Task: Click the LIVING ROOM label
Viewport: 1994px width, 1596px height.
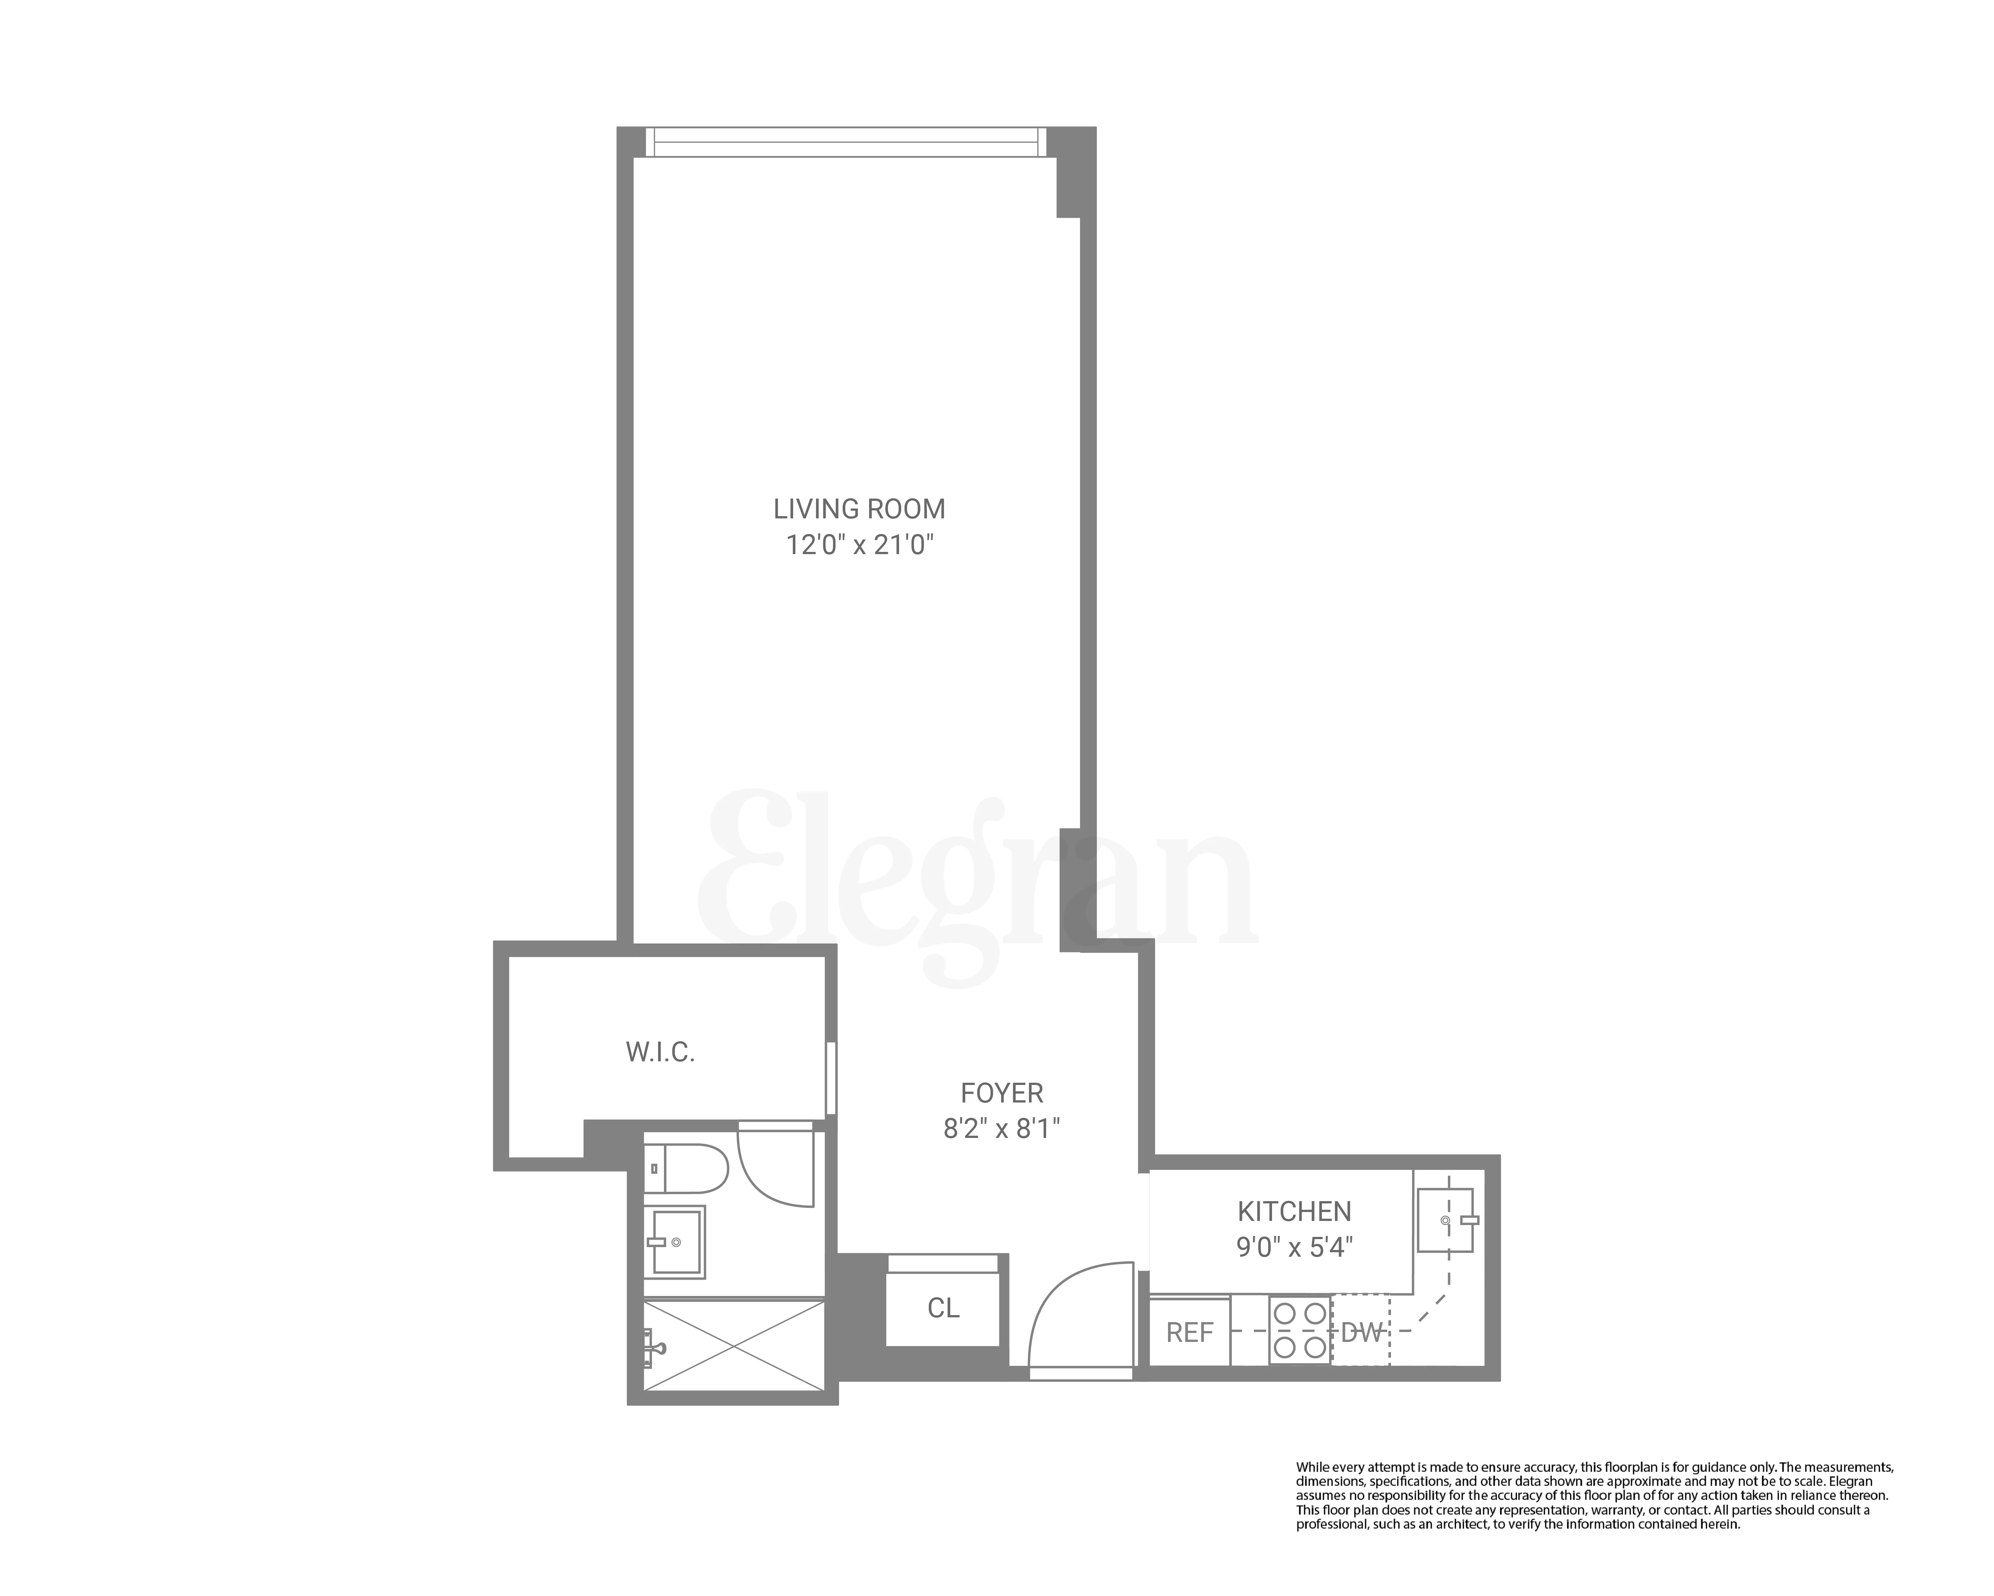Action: coord(859,509)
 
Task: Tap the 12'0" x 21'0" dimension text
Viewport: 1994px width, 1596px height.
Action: coord(859,545)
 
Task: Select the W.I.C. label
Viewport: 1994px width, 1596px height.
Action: coord(660,1052)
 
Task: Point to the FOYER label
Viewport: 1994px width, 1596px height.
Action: coord(1001,1094)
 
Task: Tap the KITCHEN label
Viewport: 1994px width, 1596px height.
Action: coord(1294,1211)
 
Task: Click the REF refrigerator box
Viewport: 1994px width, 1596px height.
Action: coord(1189,1332)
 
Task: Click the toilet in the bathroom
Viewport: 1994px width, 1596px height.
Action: coord(689,1169)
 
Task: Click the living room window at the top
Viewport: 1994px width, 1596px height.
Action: coord(845,141)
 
